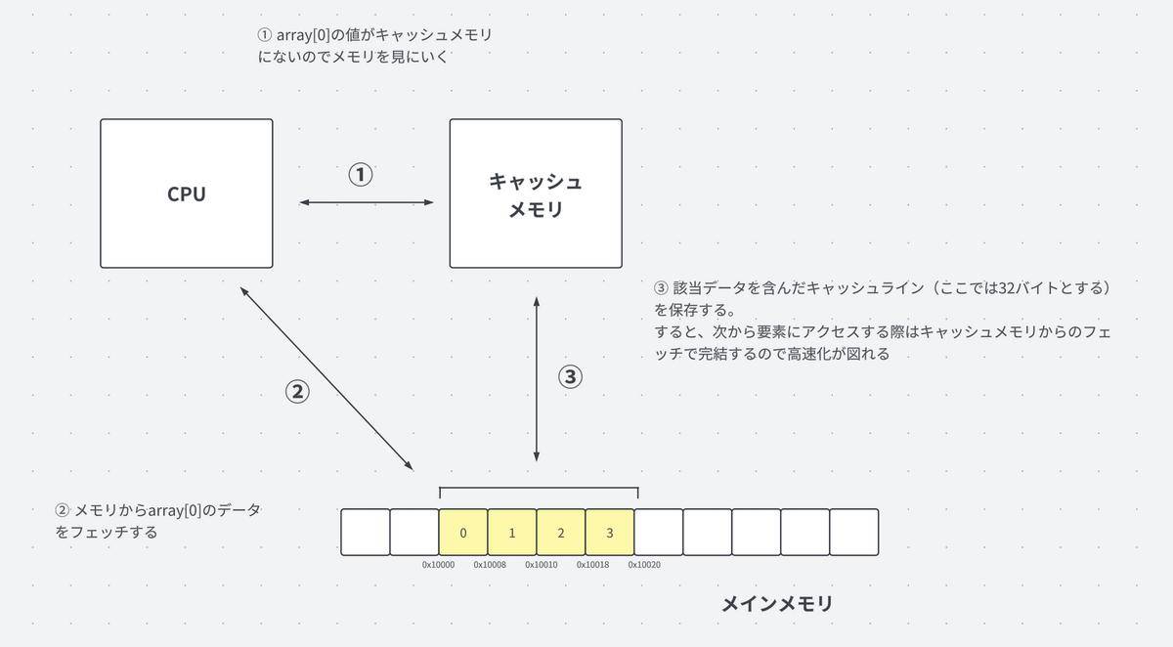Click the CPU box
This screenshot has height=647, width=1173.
tap(187, 194)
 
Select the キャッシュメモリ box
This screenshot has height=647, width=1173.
tap(535, 194)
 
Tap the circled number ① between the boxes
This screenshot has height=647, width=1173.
tap(361, 176)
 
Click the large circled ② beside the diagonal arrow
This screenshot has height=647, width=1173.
tap(296, 391)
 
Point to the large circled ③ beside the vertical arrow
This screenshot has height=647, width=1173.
tap(570, 376)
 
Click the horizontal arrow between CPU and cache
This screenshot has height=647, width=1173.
tap(366, 202)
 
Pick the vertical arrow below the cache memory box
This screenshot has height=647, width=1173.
tap(536, 376)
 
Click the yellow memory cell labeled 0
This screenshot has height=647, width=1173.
tap(463, 533)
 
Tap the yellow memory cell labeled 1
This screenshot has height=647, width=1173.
tap(512, 533)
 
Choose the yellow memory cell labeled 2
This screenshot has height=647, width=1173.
tap(561, 533)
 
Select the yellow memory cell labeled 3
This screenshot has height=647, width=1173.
tap(610, 533)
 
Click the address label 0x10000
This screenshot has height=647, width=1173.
tap(438, 565)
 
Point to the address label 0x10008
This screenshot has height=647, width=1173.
tap(490, 565)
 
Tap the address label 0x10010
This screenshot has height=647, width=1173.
tap(541, 565)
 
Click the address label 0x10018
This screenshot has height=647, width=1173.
tap(592, 565)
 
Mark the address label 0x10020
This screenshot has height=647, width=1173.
tap(643, 565)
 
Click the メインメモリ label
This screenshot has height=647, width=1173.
tap(777, 603)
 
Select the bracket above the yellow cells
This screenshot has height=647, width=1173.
tap(539, 489)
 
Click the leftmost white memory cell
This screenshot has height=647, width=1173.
tap(365, 533)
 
